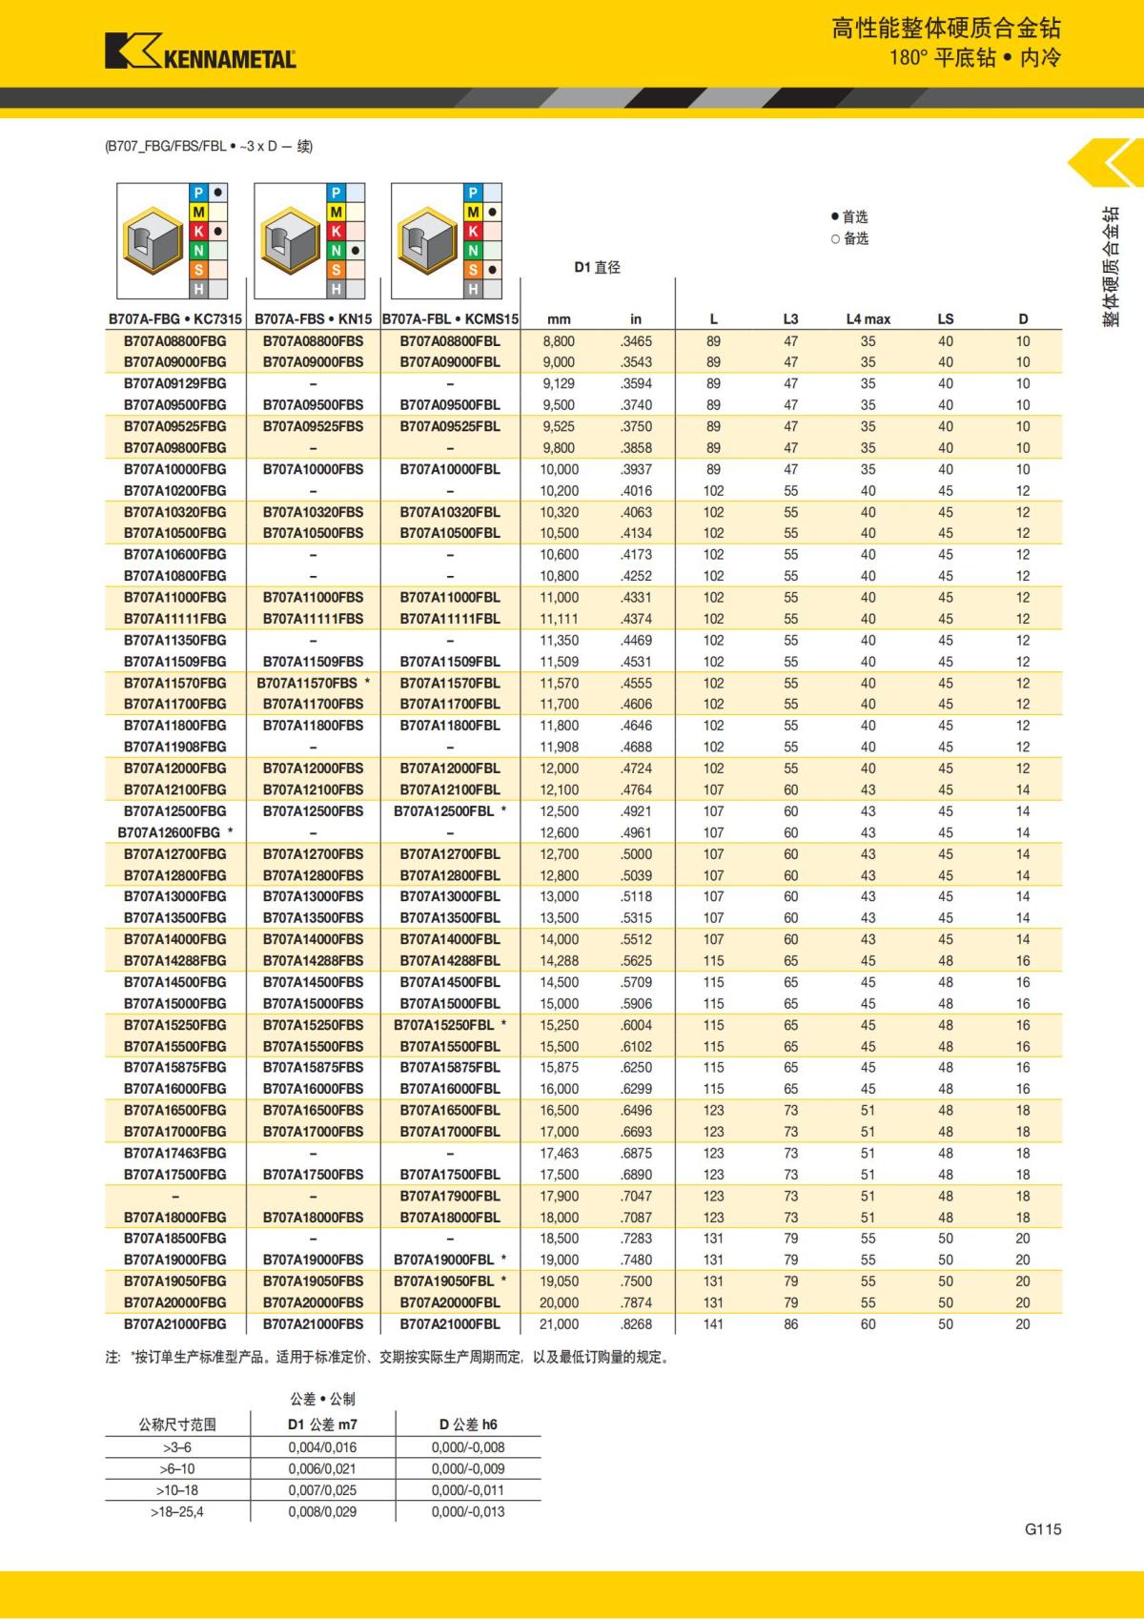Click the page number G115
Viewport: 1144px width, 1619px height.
tap(1043, 1528)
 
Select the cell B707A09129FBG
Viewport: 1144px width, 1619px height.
tap(175, 383)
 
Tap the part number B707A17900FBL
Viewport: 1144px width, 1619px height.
tap(450, 1196)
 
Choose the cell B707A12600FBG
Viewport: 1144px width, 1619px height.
tap(170, 832)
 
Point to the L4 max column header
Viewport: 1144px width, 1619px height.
tap(868, 319)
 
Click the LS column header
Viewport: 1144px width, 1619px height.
tap(945, 319)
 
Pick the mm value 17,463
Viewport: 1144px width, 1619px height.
tap(559, 1153)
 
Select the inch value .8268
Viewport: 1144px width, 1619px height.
tap(636, 1323)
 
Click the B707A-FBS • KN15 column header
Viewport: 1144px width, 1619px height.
tap(313, 319)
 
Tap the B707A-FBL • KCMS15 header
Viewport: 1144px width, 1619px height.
tap(450, 319)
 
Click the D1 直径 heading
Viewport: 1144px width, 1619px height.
tap(597, 268)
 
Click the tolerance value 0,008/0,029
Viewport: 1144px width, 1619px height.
tap(322, 1511)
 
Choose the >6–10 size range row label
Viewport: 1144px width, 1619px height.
tap(176, 1468)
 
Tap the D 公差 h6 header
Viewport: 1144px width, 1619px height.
tap(468, 1424)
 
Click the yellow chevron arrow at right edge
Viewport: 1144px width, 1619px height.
tap(1107, 163)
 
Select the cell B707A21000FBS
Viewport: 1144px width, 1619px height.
tap(313, 1323)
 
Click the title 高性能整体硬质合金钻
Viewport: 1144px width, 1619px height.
tap(946, 29)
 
